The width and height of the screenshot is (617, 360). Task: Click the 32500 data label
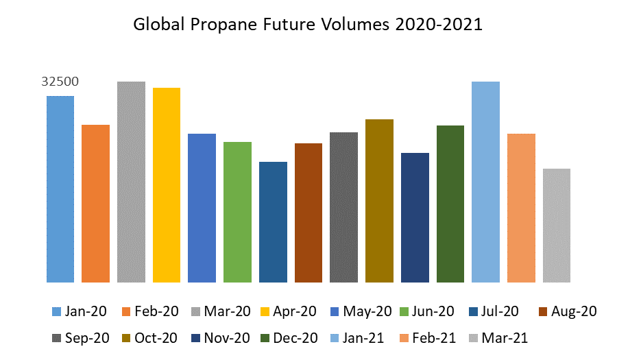(x=60, y=82)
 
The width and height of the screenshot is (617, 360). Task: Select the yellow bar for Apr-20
(x=167, y=185)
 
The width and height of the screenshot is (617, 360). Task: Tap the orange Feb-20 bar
(x=95, y=204)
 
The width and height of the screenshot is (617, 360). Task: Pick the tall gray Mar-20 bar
(x=131, y=182)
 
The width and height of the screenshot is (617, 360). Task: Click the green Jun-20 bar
(x=237, y=212)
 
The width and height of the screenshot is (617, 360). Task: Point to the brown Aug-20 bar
(x=308, y=213)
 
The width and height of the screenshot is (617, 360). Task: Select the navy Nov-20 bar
(x=415, y=217)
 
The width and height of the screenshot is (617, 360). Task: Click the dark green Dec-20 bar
(x=450, y=204)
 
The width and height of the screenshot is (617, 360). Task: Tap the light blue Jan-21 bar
(x=485, y=182)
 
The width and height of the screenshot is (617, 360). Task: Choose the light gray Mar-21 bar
(x=557, y=226)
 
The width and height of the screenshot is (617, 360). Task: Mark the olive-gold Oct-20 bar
(x=379, y=201)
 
